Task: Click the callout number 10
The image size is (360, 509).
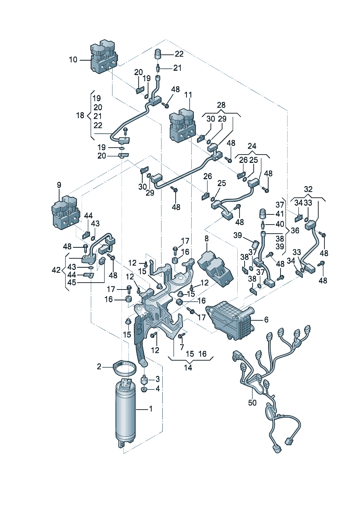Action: (x=73, y=59)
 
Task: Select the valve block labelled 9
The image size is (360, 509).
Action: (x=66, y=214)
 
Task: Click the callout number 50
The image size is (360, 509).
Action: (x=252, y=403)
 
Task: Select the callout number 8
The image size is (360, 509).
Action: (x=206, y=238)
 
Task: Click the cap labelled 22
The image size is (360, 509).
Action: (x=158, y=54)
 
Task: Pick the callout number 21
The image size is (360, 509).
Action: (x=177, y=68)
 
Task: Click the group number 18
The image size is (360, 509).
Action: (x=80, y=115)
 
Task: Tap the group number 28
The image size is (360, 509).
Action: (x=221, y=105)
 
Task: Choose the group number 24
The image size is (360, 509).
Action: (x=252, y=146)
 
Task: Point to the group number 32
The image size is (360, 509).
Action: (x=308, y=189)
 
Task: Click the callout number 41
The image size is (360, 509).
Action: (x=279, y=214)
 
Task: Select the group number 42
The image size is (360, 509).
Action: (x=56, y=270)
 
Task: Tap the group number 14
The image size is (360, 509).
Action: (x=188, y=368)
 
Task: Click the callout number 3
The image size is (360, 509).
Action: (x=157, y=379)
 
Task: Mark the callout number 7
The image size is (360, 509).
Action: (x=182, y=347)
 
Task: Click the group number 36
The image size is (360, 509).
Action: (x=295, y=230)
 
